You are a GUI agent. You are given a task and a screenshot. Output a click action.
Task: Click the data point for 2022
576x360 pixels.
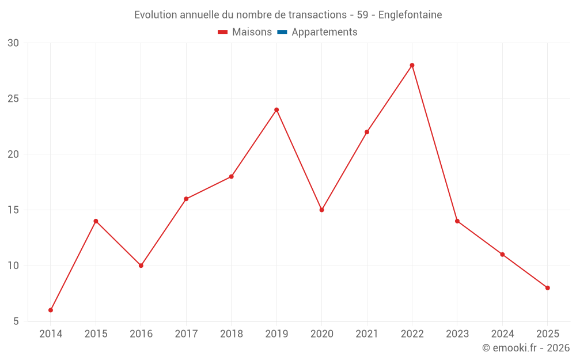tap(412, 65)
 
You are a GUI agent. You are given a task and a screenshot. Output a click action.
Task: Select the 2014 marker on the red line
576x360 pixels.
tap(51, 310)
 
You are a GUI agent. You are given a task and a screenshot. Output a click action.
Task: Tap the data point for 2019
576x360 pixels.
tap(276, 109)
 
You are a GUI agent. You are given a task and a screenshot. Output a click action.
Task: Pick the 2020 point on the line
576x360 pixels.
tap(321, 210)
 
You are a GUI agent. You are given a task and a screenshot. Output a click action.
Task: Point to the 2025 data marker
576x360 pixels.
tap(547, 287)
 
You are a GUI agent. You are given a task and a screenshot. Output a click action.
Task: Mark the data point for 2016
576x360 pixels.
tap(141, 266)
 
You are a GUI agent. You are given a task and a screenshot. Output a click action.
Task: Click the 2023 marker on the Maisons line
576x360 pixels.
tap(457, 221)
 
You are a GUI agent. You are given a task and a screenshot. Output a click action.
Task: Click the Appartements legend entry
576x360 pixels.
tap(324, 32)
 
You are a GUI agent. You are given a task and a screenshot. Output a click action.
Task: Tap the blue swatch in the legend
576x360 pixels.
tap(282, 32)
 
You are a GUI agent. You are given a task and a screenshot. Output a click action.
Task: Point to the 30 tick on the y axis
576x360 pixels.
tap(14, 43)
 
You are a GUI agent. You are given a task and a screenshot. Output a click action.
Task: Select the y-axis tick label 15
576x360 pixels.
tap(14, 210)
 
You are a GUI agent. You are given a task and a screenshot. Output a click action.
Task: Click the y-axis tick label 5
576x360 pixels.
tap(16, 321)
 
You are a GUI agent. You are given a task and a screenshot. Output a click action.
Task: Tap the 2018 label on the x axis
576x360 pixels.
tap(231, 334)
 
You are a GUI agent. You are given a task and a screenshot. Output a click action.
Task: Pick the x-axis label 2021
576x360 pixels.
tap(367, 334)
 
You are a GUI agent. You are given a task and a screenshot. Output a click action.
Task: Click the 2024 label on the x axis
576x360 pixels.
tap(502, 334)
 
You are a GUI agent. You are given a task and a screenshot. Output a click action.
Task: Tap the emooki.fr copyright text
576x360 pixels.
tap(526, 348)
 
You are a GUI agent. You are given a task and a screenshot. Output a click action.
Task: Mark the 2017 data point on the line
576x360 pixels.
tap(186, 199)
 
